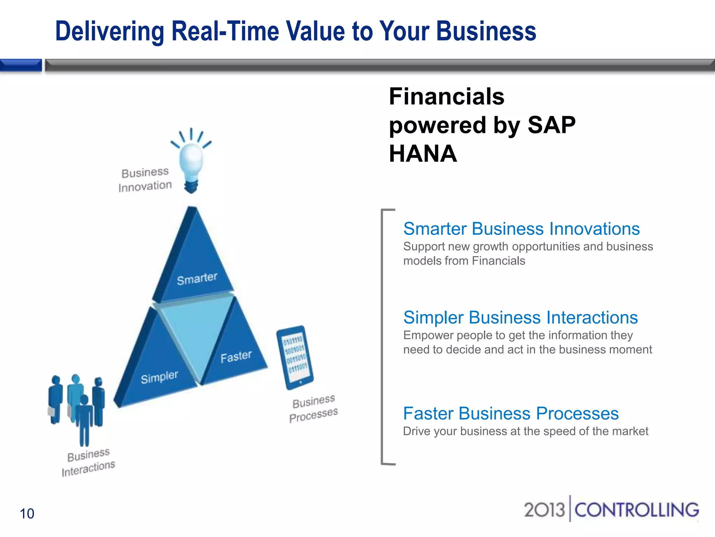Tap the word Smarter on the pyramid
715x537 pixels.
(197, 279)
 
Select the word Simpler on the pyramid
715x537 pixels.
(160, 377)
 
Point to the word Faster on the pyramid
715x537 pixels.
(236, 357)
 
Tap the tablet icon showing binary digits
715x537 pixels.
(295, 357)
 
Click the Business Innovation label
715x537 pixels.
(145, 180)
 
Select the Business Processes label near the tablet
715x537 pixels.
(314, 408)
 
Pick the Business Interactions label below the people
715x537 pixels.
(88, 462)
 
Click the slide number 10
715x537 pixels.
(27, 514)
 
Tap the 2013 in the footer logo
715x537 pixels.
(544, 510)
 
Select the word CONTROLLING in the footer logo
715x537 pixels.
(636, 510)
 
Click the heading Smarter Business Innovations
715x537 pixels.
(521, 229)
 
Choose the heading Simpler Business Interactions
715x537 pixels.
(520, 317)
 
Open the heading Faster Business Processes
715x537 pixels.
(511, 413)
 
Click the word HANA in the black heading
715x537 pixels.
(423, 154)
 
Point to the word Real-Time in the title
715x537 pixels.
(225, 31)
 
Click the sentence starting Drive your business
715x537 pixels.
(525, 431)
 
